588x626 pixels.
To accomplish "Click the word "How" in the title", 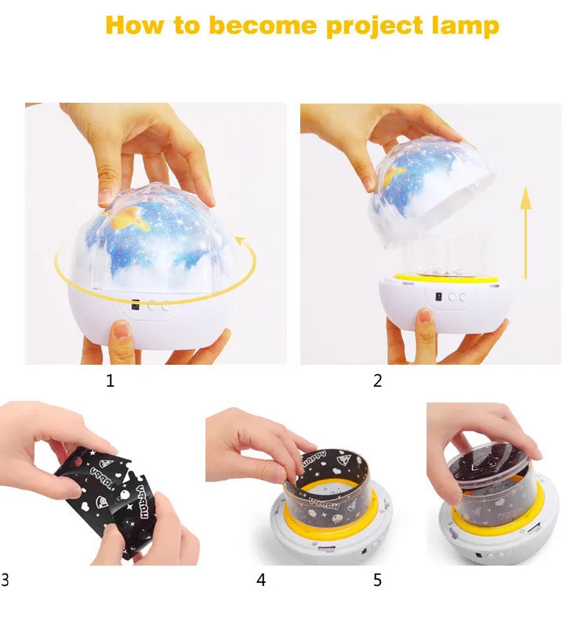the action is tap(134, 25).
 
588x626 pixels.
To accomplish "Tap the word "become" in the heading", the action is tap(263, 25).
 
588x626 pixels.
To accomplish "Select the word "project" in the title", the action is tap(375, 27).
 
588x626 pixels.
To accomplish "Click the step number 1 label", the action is tap(110, 380).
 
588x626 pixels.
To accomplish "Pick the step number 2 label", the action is tap(377, 380).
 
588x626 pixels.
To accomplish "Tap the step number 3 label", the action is tap(5, 580).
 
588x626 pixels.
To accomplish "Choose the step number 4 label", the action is tap(261, 580).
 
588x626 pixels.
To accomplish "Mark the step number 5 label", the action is tap(377, 580).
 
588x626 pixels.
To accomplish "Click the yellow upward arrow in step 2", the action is tap(526, 233).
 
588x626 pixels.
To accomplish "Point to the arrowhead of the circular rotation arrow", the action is tap(241, 241).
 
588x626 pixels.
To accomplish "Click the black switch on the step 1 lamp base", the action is tap(136, 305).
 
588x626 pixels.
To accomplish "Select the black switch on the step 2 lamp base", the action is tap(438, 297).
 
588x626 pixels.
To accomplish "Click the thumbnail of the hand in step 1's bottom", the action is tap(122, 330).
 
